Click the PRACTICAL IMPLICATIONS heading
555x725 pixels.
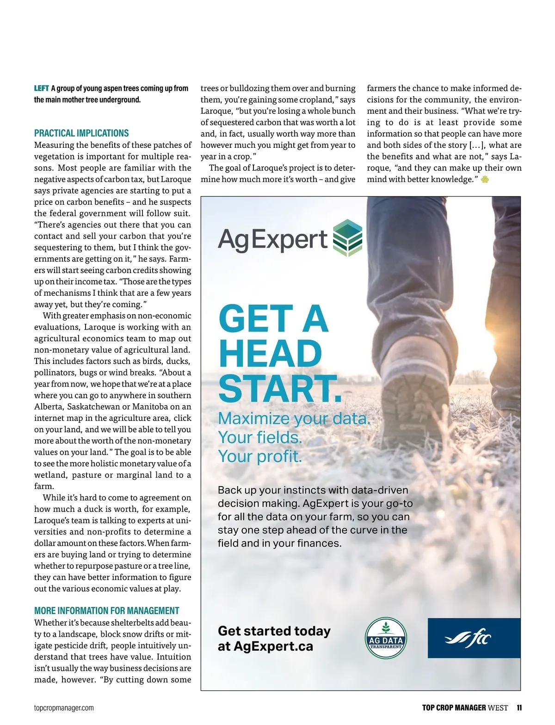[81, 133]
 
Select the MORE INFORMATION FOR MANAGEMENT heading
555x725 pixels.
[106, 610]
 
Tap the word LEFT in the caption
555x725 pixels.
[41, 88]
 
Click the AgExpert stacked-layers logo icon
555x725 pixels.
[348, 238]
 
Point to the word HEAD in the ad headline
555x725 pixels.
[270, 354]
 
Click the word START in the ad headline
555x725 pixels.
[279, 389]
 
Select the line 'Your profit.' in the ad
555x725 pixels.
[260, 457]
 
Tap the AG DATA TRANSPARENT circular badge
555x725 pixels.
[386, 638]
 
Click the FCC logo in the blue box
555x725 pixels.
[469, 639]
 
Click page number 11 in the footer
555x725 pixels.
[519, 707]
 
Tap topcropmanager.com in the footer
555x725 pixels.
[64, 707]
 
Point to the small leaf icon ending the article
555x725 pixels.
[485, 180]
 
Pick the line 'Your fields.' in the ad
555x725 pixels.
[260, 437]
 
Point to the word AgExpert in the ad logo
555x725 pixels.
[273, 239]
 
